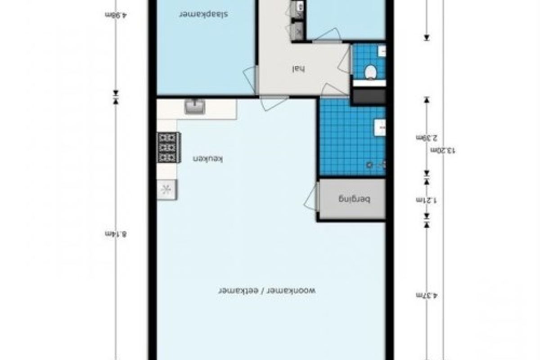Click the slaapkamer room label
pyautogui.click(x=203, y=14)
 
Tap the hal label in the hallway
pyautogui.click(x=299, y=69)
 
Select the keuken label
pyautogui.click(x=207, y=159)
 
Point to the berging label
pyautogui.click(x=354, y=200)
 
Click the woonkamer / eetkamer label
pyautogui.click(x=267, y=290)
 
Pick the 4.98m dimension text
pyautogui.click(x=116, y=15)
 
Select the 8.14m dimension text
pyautogui.click(x=116, y=234)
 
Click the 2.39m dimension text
pyautogui.click(x=427, y=138)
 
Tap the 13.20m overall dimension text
pyautogui.click(x=443, y=150)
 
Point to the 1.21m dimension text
pyautogui.click(x=427, y=200)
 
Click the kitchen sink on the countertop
pyautogui.click(x=195, y=107)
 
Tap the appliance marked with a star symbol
pyautogui.click(x=167, y=190)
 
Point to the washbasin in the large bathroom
pyautogui.click(x=380, y=127)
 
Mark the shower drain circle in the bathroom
pyautogui.click(x=369, y=165)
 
